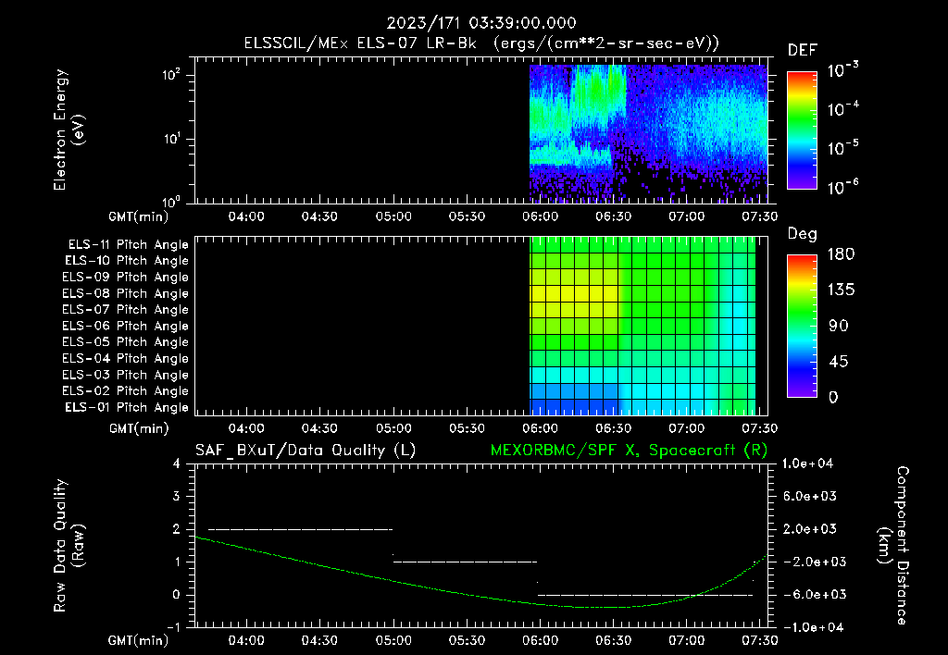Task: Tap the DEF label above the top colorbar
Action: point(802,50)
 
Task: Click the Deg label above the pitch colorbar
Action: point(802,234)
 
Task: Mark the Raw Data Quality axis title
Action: point(69,545)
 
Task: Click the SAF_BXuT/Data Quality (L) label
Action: point(305,450)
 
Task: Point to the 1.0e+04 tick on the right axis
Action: point(811,463)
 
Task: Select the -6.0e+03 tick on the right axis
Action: point(811,594)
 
